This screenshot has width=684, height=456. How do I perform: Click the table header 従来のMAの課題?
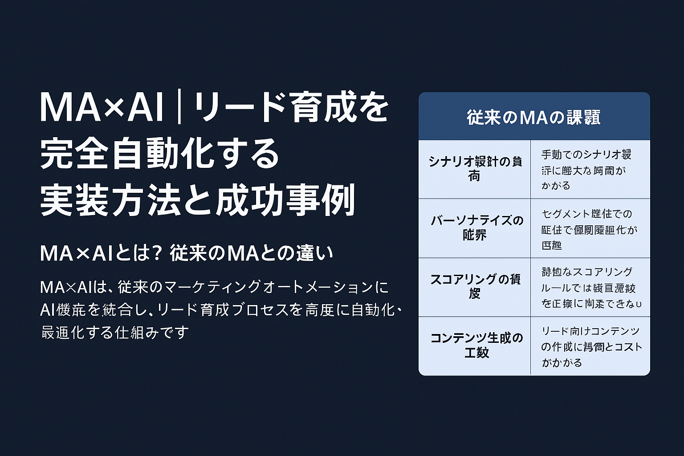click(533, 117)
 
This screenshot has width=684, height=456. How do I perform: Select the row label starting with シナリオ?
click(475, 168)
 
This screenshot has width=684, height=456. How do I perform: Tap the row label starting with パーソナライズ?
click(476, 227)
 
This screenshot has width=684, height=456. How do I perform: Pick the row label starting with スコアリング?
click(475, 286)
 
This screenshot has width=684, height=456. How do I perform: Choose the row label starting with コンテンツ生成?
click(476, 345)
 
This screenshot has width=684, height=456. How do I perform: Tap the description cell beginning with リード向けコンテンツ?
click(591, 346)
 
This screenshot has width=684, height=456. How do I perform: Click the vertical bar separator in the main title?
click(179, 107)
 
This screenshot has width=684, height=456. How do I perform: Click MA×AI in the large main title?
click(102, 107)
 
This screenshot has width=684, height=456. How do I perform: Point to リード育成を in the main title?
click(291, 107)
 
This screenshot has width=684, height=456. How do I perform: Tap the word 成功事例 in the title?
click(285, 200)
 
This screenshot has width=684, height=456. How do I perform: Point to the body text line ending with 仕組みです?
click(114, 332)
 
